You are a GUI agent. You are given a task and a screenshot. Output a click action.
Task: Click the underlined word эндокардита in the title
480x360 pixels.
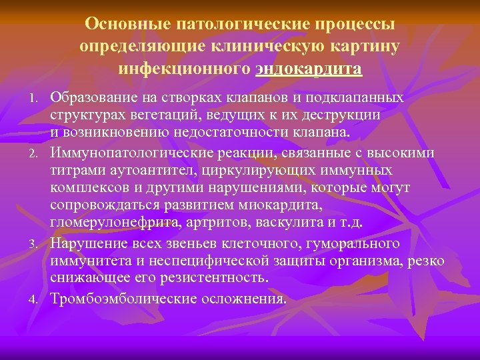pos(309,69)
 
